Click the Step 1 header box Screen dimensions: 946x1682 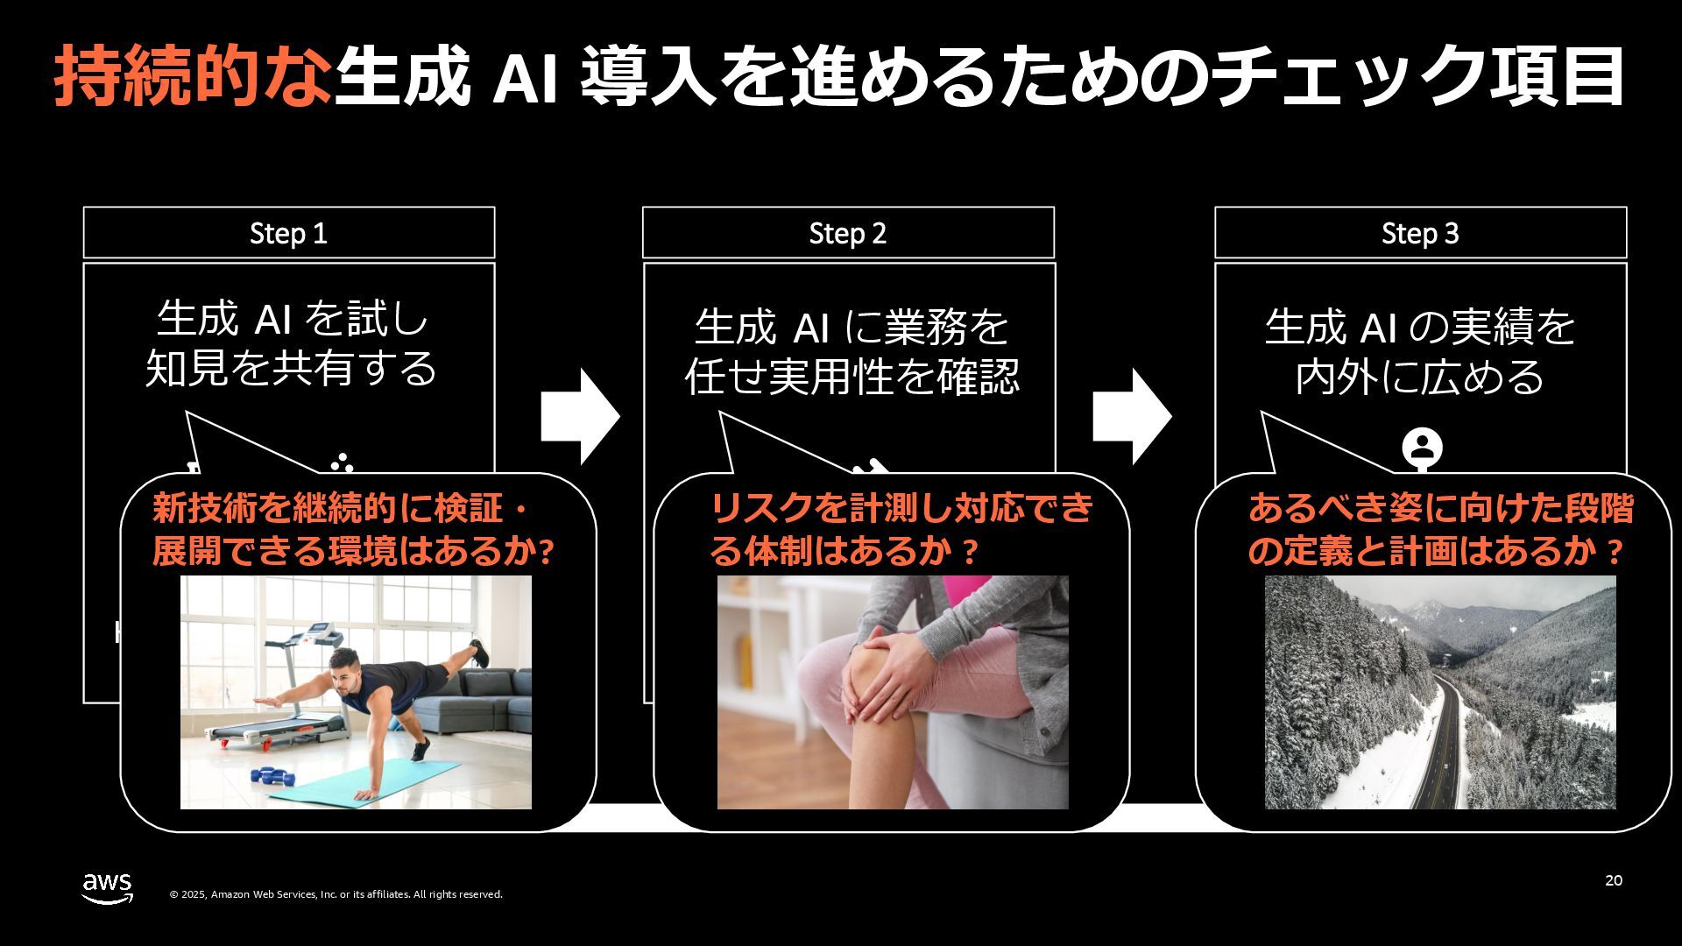pyautogui.click(x=289, y=233)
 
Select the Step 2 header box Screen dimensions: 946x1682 pyautogui.click(x=848, y=233)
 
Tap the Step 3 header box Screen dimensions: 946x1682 pyautogui.click(x=1420, y=233)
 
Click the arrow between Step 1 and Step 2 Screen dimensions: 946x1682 pyautogui.click(x=580, y=417)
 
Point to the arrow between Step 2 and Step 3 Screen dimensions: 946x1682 pyautogui.click(x=1131, y=417)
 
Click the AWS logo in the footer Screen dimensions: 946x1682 pyautogui.click(x=108, y=887)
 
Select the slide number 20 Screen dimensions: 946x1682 pyautogui.click(x=1614, y=880)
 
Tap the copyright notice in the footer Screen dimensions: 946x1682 pyautogui.click(x=336, y=894)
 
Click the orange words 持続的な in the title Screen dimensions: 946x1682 pyautogui.click(x=193, y=77)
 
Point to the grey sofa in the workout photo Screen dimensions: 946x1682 pyautogui.click(x=482, y=701)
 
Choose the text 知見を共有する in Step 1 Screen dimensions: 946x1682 pyautogui.click(x=291, y=368)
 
